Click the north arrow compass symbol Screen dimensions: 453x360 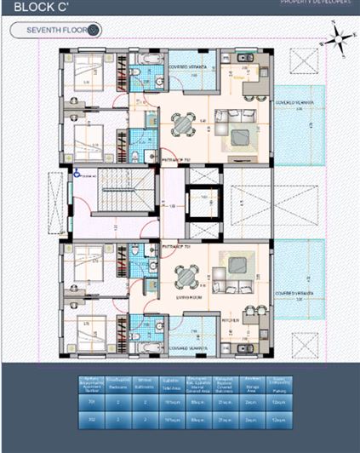click(x=338, y=37)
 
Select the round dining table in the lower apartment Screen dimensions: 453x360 click(x=185, y=277)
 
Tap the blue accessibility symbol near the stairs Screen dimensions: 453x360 click(x=76, y=173)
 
